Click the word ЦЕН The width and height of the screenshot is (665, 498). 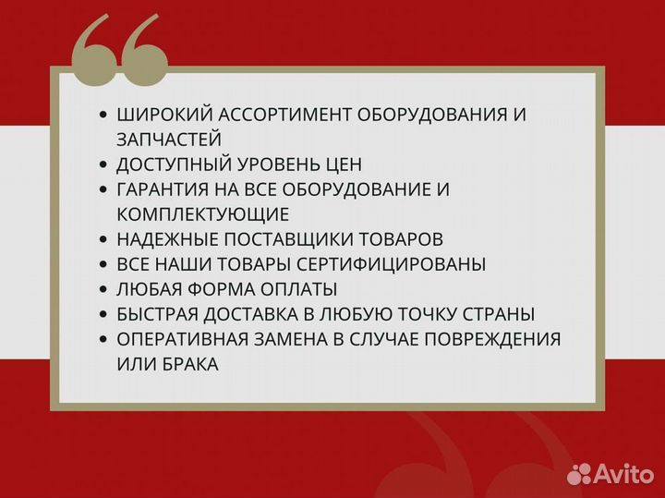tap(343, 165)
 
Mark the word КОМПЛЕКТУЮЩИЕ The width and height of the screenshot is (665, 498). tap(203, 215)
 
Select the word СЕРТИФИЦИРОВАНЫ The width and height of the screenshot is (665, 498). tap(398, 264)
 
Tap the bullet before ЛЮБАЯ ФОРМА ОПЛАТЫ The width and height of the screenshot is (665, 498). tap(103, 289)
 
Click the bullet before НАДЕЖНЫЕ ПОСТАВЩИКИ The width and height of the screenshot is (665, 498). tap(103, 239)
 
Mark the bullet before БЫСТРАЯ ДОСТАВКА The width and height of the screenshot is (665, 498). tap(103, 314)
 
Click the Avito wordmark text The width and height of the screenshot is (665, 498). tap(623, 474)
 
